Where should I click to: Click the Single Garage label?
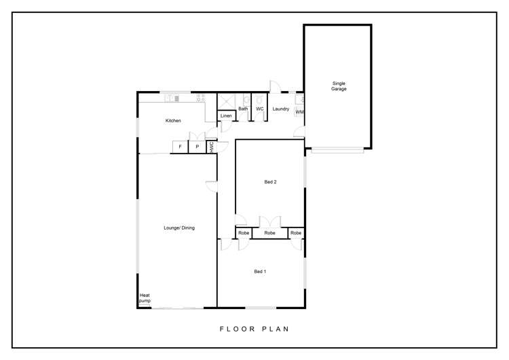(339, 86)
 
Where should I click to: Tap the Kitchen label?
(173, 120)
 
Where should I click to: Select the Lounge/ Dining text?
(179, 228)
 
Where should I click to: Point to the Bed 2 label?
(270, 182)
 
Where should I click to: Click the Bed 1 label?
(260, 271)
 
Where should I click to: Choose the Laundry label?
(281, 109)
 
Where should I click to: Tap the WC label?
(260, 109)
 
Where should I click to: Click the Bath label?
(243, 109)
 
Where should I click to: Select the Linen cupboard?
(226, 115)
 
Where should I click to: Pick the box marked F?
(180, 147)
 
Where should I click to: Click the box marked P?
(197, 147)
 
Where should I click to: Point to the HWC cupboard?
(212, 147)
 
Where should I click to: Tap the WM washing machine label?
(299, 112)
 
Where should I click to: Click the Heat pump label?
(145, 298)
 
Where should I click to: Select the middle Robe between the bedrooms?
(269, 233)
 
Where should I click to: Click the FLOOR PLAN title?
(254, 329)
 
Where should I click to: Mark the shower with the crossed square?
(226, 102)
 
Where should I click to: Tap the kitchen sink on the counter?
(172, 98)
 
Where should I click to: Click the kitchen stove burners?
(201, 98)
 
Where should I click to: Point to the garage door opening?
(337, 150)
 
